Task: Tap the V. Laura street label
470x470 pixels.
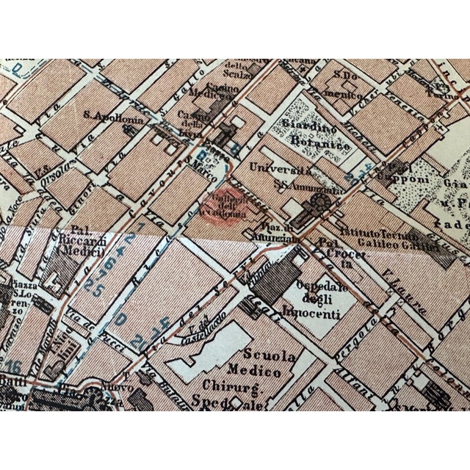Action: (397, 276)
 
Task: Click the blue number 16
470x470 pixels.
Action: (12, 366)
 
